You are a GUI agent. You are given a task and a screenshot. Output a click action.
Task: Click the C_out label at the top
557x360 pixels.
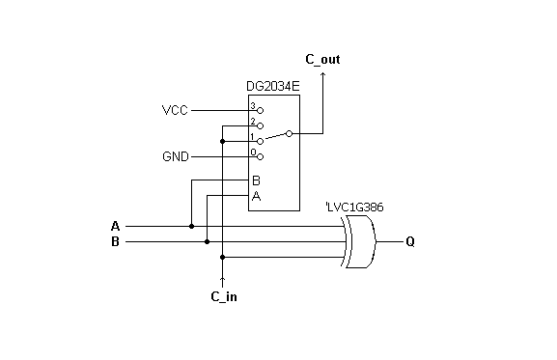coord(322,60)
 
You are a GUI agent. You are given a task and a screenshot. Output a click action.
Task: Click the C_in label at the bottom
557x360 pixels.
coord(223,296)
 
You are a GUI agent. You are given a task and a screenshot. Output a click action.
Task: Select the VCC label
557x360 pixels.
coord(175,110)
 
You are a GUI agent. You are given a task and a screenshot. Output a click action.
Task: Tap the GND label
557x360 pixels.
coord(176,155)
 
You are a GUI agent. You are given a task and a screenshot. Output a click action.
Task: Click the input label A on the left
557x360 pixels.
coord(116,227)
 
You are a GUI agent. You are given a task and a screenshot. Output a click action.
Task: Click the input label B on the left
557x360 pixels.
coord(116,241)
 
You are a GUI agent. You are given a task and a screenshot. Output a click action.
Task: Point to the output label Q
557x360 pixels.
coord(410,241)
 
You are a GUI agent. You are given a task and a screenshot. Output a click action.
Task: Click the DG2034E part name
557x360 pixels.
coord(273,88)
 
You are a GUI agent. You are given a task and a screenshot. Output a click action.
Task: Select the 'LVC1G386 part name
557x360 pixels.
coord(356,208)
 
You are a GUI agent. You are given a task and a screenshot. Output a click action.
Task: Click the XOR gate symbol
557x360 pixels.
coord(360,241)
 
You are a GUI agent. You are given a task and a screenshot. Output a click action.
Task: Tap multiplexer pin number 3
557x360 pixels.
coord(253,105)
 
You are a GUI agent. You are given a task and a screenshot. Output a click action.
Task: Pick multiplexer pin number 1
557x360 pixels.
coord(253,136)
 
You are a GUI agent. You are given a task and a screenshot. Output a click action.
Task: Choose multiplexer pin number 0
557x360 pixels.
coord(253,152)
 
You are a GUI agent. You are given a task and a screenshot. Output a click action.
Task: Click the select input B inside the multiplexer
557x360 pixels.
coord(256,180)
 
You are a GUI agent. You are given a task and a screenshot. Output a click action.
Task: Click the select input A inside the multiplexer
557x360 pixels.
coord(256,196)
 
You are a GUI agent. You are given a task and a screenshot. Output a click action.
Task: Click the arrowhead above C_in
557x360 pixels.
coord(223,280)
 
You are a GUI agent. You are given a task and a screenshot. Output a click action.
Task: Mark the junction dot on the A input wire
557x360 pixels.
coord(192,227)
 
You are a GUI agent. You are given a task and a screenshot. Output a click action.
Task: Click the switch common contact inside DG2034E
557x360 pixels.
coord(291,133)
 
